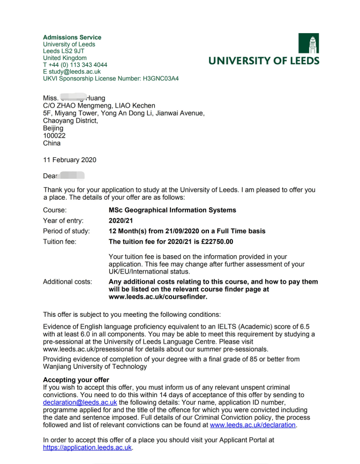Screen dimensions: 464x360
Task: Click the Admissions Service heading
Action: (72, 37)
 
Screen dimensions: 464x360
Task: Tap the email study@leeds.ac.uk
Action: (74, 72)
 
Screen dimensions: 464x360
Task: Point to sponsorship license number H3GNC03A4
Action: (161, 79)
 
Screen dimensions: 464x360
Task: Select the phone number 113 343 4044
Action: (86, 65)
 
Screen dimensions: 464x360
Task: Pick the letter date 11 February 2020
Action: (70, 160)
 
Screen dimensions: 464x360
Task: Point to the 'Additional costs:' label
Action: (67, 282)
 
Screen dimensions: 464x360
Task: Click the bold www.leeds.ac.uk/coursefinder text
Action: (157, 297)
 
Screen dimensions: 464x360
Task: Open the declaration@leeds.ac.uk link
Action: (80, 402)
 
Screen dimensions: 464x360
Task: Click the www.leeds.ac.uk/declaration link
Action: (252, 425)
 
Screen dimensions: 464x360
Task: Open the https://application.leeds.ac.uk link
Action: (87, 448)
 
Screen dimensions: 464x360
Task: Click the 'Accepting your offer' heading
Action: (76, 379)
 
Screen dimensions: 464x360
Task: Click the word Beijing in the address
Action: (53, 128)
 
